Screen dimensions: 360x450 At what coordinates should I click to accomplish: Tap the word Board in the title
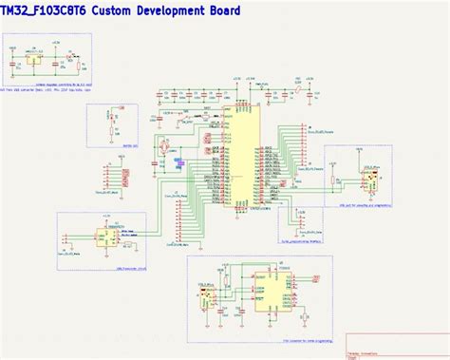220,10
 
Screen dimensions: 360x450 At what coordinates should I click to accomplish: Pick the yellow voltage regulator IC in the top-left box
38,62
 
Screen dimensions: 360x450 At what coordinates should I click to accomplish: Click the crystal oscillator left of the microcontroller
163,147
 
